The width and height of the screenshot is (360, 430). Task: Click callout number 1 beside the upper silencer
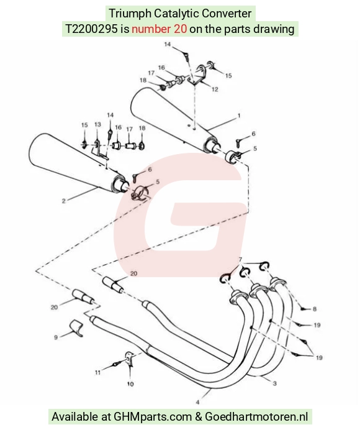click(x=239, y=116)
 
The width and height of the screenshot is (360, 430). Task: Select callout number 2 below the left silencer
click(x=63, y=201)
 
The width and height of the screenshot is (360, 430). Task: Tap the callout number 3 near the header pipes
click(x=275, y=383)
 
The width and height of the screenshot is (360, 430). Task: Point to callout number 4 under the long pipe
click(x=197, y=402)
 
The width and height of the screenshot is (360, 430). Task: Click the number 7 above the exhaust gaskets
click(x=240, y=259)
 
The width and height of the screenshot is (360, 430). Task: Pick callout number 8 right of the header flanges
click(x=315, y=309)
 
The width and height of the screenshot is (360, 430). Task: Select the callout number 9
click(x=56, y=337)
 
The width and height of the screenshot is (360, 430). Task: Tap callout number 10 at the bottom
click(x=130, y=384)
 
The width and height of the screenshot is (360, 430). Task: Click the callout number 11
click(x=98, y=372)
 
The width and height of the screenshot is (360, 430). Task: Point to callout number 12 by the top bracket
click(x=215, y=89)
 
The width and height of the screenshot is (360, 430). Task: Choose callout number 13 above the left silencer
click(x=98, y=124)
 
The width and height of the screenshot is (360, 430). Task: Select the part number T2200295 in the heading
click(x=91, y=29)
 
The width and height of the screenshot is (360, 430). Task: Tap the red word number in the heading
click(x=151, y=29)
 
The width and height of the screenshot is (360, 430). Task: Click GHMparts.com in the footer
click(x=153, y=416)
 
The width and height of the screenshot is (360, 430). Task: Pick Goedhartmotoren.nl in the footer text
click(x=257, y=416)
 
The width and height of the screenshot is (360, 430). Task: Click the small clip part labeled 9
click(x=76, y=327)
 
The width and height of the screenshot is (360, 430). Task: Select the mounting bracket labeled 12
click(x=198, y=74)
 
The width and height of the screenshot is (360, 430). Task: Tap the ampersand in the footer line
click(x=199, y=416)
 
